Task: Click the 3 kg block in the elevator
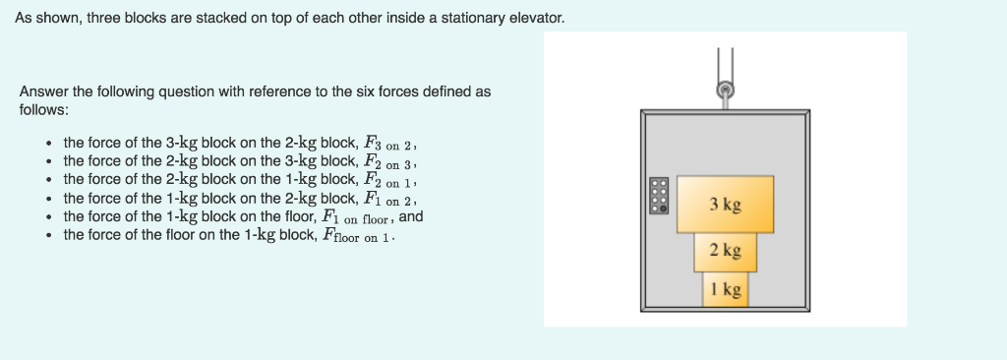(725, 204)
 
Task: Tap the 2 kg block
(725, 250)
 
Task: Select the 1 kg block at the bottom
(725, 288)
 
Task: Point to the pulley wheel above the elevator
(726, 90)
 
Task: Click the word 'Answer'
(44, 91)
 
